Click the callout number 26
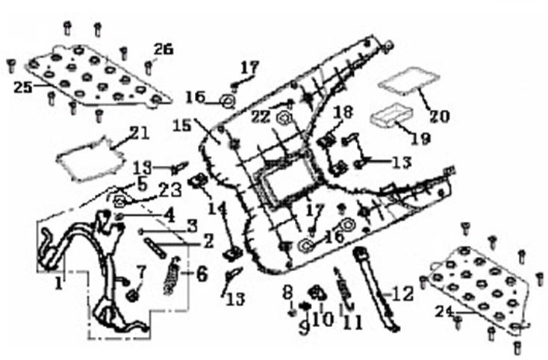point(163,49)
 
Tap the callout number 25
point(22,87)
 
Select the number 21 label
point(139,133)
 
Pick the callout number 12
point(402,294)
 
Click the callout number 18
point(343,112)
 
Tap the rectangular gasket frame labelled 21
point(91,161)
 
